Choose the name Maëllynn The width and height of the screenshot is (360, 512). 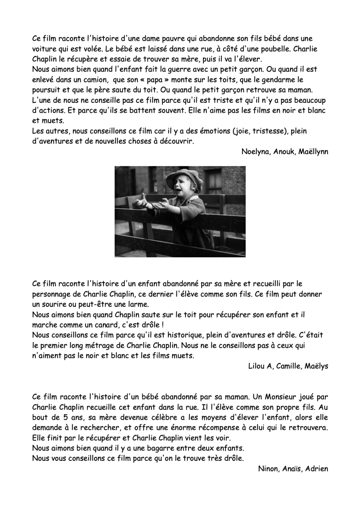click(313, 152)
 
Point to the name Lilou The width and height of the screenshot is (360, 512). click(256, 366)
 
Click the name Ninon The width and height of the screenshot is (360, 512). click(268, 469)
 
